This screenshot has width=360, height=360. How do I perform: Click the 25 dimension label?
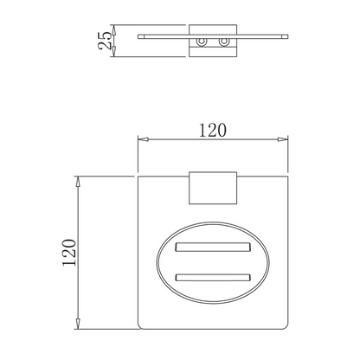105,41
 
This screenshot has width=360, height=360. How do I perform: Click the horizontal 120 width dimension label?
213,130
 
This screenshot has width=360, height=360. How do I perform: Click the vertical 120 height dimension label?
69,253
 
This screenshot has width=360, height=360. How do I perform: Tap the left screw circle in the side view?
202,42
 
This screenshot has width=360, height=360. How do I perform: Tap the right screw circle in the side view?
223,42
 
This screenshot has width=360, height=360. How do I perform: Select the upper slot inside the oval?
213,247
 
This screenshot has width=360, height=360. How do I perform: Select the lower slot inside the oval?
213,278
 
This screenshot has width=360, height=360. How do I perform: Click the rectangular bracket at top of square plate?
213,188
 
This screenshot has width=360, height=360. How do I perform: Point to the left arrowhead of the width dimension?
143,139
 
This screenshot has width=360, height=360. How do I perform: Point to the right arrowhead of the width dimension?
283,139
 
